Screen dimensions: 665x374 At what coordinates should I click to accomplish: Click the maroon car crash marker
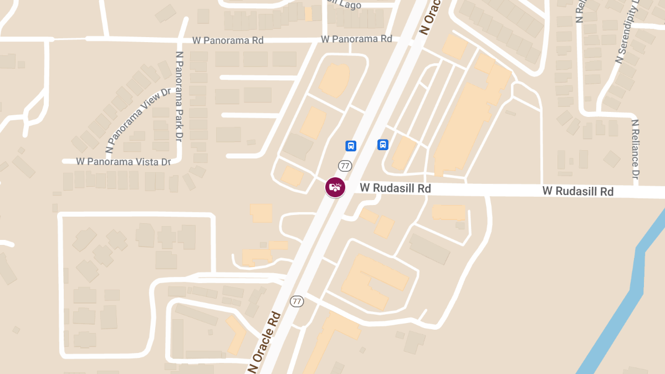[x=335, y=187]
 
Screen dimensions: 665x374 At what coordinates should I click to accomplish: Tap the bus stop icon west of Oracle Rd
[x=351, y=146]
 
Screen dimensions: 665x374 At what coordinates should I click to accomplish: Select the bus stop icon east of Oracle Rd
[x=383, y=145]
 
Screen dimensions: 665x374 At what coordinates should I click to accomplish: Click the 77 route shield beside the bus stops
[x=345, y=166]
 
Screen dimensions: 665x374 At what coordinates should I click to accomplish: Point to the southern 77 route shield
[x=297, y=301]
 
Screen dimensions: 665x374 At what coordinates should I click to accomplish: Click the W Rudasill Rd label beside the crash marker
[x=395, y=188]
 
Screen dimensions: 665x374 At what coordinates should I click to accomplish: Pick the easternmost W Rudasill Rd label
[x=578, y=191]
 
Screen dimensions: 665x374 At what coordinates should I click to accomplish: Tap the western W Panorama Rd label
[x=228, y=40]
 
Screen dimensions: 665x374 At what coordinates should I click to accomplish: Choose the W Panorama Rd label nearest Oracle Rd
[x=356, y=39]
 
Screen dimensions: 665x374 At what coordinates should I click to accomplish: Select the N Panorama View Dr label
[x=139, y=120]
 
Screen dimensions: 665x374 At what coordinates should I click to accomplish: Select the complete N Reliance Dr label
[x=636, y=149]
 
